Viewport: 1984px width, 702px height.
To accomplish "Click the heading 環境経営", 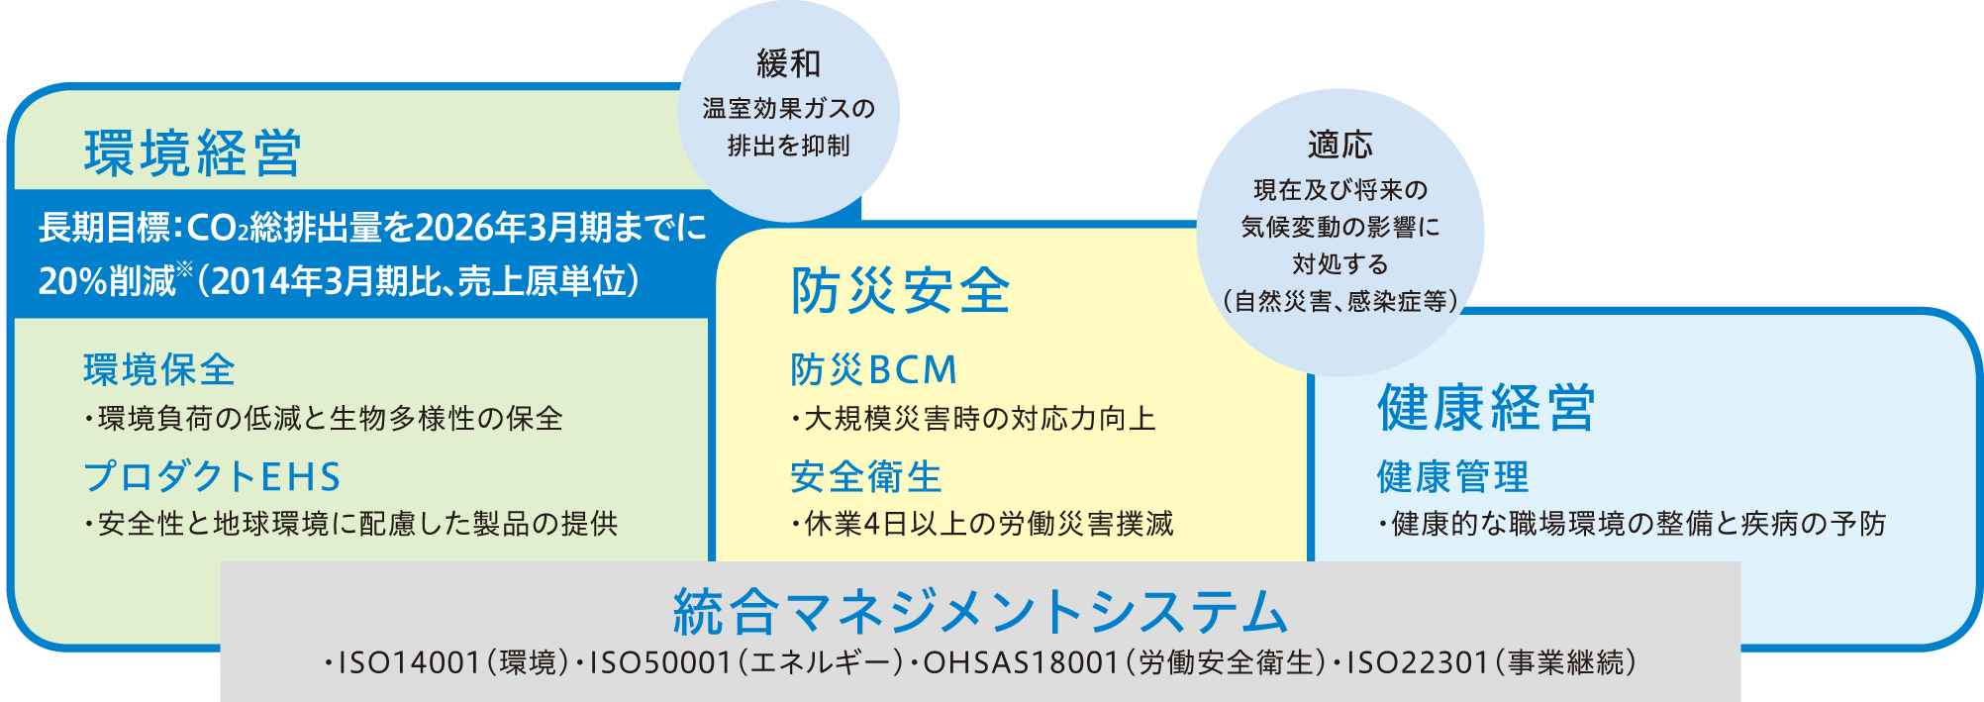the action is pyautogui.click(x=193, y=153).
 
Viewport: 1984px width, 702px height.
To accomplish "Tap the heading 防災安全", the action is pyautogui.click(x=900, y=291).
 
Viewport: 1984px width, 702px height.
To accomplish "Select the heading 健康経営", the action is pyautogui.click(x=1486, y=407).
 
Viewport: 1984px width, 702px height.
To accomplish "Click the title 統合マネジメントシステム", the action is pyautogui.click(x=980, y=611).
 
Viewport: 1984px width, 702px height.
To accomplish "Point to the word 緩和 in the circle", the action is pyautogui.click(x=789, y=63).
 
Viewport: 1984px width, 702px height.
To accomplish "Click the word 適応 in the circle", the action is pyautogui.click(x=1340, y=145).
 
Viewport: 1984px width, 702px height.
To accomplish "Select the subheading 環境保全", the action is pyautogui.click(x=159, y=369).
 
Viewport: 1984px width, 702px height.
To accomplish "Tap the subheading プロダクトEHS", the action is pyautogui.click(x=212, y=476).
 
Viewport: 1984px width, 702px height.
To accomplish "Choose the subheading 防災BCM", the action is pyautogui.click(x=874, y=369).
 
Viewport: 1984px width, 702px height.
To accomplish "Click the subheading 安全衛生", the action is pyautogui.click(x=866, y=476).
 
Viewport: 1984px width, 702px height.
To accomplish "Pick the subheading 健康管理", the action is pyautogui.click(x=1452, y=476).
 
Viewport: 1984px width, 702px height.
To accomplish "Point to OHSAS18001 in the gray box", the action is pyautogui.click(x=1021, y=662).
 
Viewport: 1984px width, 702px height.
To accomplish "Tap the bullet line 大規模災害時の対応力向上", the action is pyautogui.click(x=973, y=418).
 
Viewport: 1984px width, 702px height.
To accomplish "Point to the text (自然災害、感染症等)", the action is pyautogui.click(x=1340, y=301).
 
